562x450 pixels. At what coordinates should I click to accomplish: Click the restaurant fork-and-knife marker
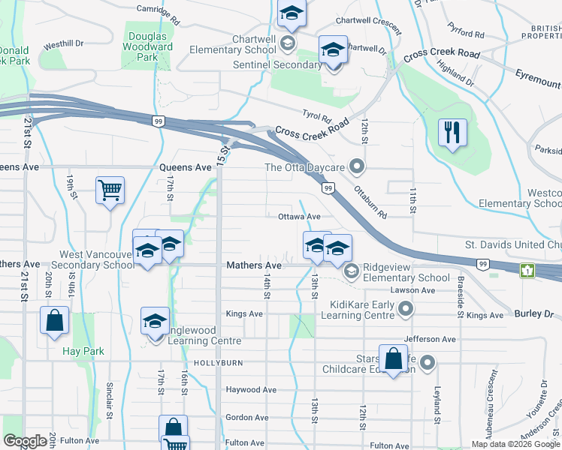tap(452, 133)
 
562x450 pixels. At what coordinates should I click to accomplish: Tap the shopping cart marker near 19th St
tap(110, 190)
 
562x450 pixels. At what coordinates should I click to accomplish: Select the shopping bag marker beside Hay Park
tap(56, 320)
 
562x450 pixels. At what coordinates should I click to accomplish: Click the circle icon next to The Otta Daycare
tap(358, 166)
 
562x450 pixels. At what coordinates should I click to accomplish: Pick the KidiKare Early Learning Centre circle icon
tap(406, 309)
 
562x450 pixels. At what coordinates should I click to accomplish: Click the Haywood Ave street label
tap(252, 390)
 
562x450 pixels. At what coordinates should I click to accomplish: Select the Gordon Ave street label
tap(247, 418)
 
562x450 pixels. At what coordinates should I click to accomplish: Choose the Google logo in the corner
tap(25, 441)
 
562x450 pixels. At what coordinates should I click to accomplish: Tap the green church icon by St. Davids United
tap(529, 269)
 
